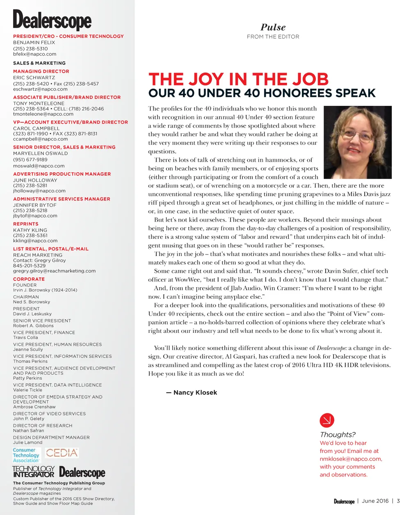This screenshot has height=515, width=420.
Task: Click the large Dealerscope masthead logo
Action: (52, 20)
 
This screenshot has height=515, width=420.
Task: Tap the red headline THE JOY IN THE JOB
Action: (238, 79)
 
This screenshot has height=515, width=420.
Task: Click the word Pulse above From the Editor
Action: (273, 27)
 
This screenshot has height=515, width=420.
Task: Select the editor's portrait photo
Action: (357, 142)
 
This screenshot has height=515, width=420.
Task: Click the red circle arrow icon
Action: (327, 420)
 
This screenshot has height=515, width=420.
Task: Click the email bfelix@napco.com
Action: (34, 54)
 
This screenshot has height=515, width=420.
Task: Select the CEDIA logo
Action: (62, 453)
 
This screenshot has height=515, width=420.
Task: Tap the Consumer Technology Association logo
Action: (26, 455)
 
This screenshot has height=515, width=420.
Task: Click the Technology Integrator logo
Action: (33, 472)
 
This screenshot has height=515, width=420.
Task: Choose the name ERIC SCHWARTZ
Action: (34, 78)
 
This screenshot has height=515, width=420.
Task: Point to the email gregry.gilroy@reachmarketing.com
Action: (54, 271)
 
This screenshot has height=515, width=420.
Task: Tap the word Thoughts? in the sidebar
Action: (338, 435)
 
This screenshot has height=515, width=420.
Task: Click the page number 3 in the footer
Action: (398, 501)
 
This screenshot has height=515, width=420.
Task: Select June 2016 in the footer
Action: (375, 501)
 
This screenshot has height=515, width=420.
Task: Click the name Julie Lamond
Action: (27, 442)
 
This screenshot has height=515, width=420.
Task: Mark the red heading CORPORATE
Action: (29, 279)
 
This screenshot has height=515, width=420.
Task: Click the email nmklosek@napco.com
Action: (351, 459)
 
